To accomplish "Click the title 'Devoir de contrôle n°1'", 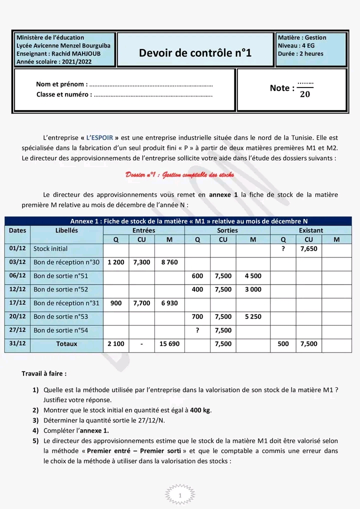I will [195, 52].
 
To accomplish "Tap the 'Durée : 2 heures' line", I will [300, 53].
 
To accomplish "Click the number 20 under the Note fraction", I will [304, 94].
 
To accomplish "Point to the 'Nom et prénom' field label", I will [61, 84].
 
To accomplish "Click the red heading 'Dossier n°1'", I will [179, 175].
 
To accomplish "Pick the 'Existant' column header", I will [310, 230].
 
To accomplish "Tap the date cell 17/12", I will [17, 303].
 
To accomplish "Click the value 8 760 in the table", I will [169, 262].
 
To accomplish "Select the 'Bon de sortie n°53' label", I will [60, 316].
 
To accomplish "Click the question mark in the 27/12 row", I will [197, 330].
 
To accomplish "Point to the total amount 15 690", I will [169, 344].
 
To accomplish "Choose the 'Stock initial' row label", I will [50, 248].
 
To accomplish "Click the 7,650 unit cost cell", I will [308, 248].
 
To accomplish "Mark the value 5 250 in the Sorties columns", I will [252, 316].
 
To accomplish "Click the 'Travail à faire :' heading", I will [44, 373].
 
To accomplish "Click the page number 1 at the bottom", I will [179, 494].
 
